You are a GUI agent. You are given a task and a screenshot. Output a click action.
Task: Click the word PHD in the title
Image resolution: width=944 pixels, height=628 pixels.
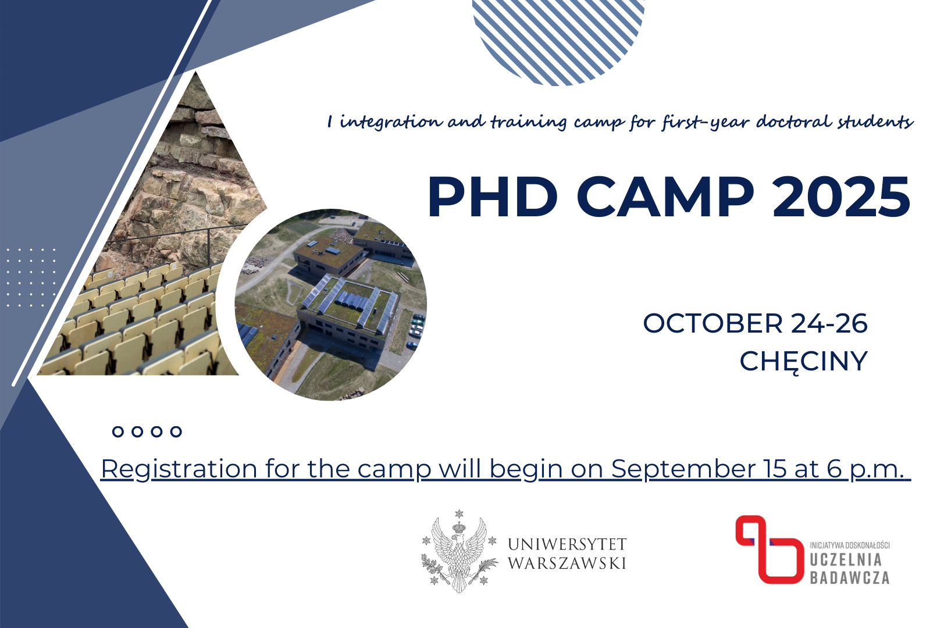pyautogui.click(x=493, y=197)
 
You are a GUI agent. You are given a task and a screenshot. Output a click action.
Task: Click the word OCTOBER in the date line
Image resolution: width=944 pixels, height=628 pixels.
pyautogui.click(x=713, y=323)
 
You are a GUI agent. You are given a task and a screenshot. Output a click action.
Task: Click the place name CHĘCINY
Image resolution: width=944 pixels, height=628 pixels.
pyautogui.click(x=804, y=361)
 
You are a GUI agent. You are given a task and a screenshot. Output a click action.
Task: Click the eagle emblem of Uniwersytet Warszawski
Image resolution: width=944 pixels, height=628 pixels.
pyautogui.click(x=459, y=551)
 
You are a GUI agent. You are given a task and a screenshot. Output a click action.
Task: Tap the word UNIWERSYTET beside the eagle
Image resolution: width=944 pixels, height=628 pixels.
pyautogui.click(x=567, y=544)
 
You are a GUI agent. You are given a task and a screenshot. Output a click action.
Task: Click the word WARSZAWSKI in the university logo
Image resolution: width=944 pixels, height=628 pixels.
pyautogui.click(x=567, y=563)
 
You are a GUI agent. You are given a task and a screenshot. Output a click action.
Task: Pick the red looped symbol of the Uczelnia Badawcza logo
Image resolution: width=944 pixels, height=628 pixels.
pyautogui.click(x=770, y=549)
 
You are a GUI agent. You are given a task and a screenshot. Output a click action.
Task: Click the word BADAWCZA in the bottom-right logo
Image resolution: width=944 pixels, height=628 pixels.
pyautogui.click(x=850, y=577)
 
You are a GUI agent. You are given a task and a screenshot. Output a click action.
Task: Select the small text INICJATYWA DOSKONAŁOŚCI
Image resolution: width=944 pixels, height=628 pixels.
pyautogui.click(x=850, y=545)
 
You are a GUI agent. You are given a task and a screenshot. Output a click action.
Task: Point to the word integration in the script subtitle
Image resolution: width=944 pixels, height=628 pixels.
pyautogui.click(x=391, y=123)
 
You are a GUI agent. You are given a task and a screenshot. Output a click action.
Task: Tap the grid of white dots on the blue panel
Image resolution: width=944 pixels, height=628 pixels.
pyautogui.click(x=31, y=277)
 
